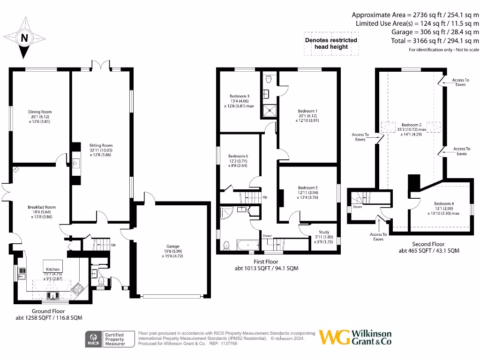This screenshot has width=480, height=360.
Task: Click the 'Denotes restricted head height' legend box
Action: [331, 44]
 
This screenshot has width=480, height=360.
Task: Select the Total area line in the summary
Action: [435, 41]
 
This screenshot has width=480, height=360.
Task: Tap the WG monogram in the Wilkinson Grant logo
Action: [334, 337]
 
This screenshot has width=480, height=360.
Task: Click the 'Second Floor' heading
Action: [428, 244]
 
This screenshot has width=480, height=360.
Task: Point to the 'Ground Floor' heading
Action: [48, 311]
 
